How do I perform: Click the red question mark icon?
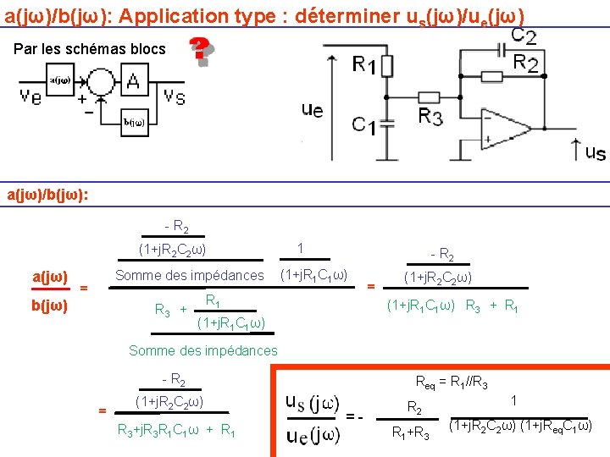[x=200, y=51]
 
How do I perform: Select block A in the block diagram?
[x=132, y=81]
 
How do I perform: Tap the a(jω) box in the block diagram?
[x=60, y=80]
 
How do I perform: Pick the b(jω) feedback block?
[x=132, y=121]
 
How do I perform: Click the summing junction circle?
[x=101, y=82]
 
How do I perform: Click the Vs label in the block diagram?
[x=175, y=95]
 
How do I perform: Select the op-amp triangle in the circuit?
[x=507, y=129]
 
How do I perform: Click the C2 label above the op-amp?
[x=523, y=36]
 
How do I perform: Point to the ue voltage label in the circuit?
[x=312, y=109]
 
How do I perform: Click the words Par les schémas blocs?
[x=90, y=49]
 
